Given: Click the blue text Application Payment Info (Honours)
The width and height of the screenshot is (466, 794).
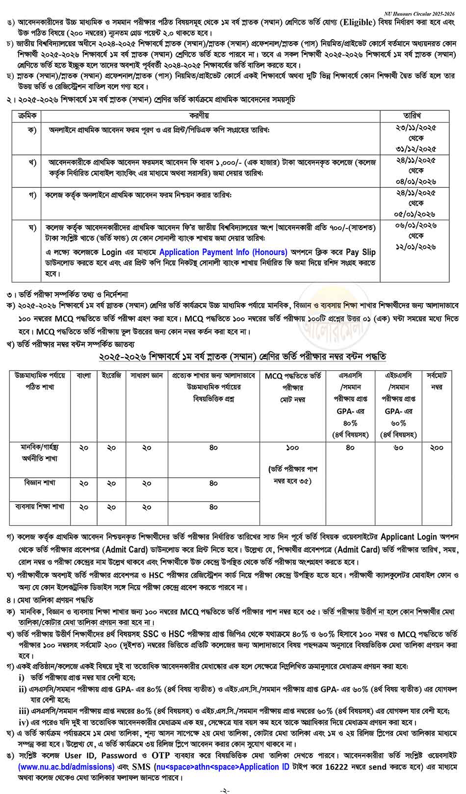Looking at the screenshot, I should click(223, 252).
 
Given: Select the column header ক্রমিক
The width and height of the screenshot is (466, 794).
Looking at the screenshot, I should click(27, 115).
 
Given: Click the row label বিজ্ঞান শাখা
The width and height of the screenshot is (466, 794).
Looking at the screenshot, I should click(40, 483).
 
